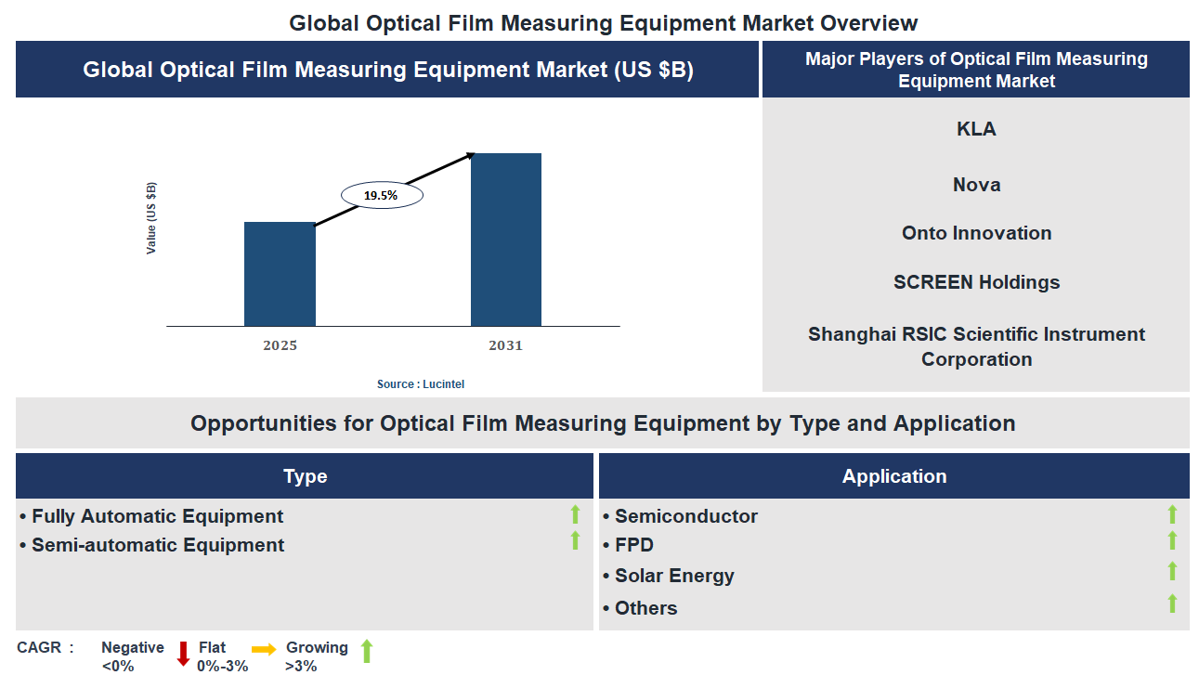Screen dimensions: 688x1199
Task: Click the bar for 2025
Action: pos(280,274)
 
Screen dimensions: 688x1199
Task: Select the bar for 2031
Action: pos(506,240)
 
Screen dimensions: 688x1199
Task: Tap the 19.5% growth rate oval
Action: pos(382,195)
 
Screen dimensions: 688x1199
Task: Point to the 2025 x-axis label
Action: pos(280,345)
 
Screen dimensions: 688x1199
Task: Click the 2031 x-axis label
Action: pos(506,345)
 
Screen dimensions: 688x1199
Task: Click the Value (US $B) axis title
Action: pos(151,218)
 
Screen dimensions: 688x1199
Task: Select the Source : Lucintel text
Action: pos(420,383)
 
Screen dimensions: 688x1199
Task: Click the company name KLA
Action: pos(976,129)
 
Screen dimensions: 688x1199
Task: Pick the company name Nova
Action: pos(976,185)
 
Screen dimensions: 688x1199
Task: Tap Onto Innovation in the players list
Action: pos(976,233)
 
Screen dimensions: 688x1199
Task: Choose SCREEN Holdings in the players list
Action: pos(976,282)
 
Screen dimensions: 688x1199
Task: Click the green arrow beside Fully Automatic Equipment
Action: pos(575,514)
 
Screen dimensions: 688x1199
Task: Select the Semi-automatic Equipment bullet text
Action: pos(157,545)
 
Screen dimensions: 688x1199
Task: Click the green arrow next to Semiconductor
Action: pos(1172,514)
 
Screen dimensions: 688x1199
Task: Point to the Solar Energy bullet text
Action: pos(673,576)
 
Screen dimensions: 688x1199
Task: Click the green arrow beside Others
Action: pos(1172,604)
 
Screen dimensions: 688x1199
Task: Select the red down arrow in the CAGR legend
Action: pos(183,654)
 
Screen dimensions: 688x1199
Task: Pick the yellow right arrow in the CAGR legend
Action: pos(264,649)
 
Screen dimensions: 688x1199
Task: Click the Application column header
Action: pos(893,476)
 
